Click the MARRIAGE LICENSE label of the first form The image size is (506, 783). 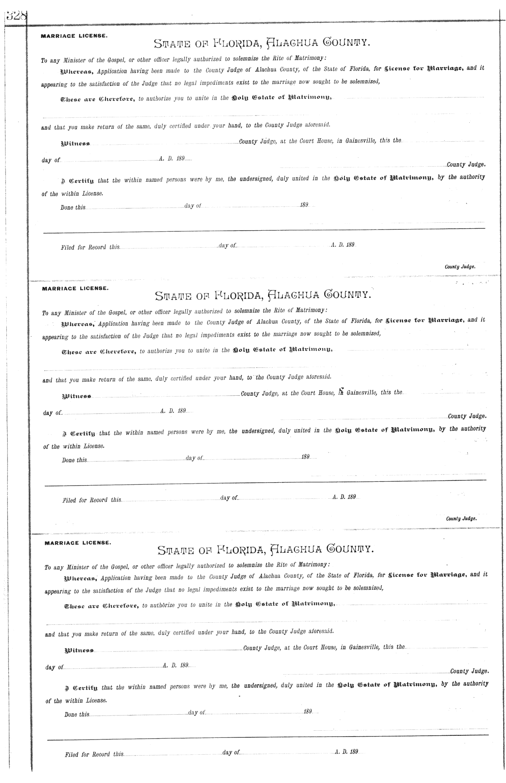point(74,36)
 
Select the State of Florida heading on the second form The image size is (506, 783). point(263,295)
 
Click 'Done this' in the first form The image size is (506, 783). point(73,208)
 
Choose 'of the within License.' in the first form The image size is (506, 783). point(72,194)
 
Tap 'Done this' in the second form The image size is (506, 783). point(74,460)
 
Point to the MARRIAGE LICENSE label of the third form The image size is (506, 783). point(78,543)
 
